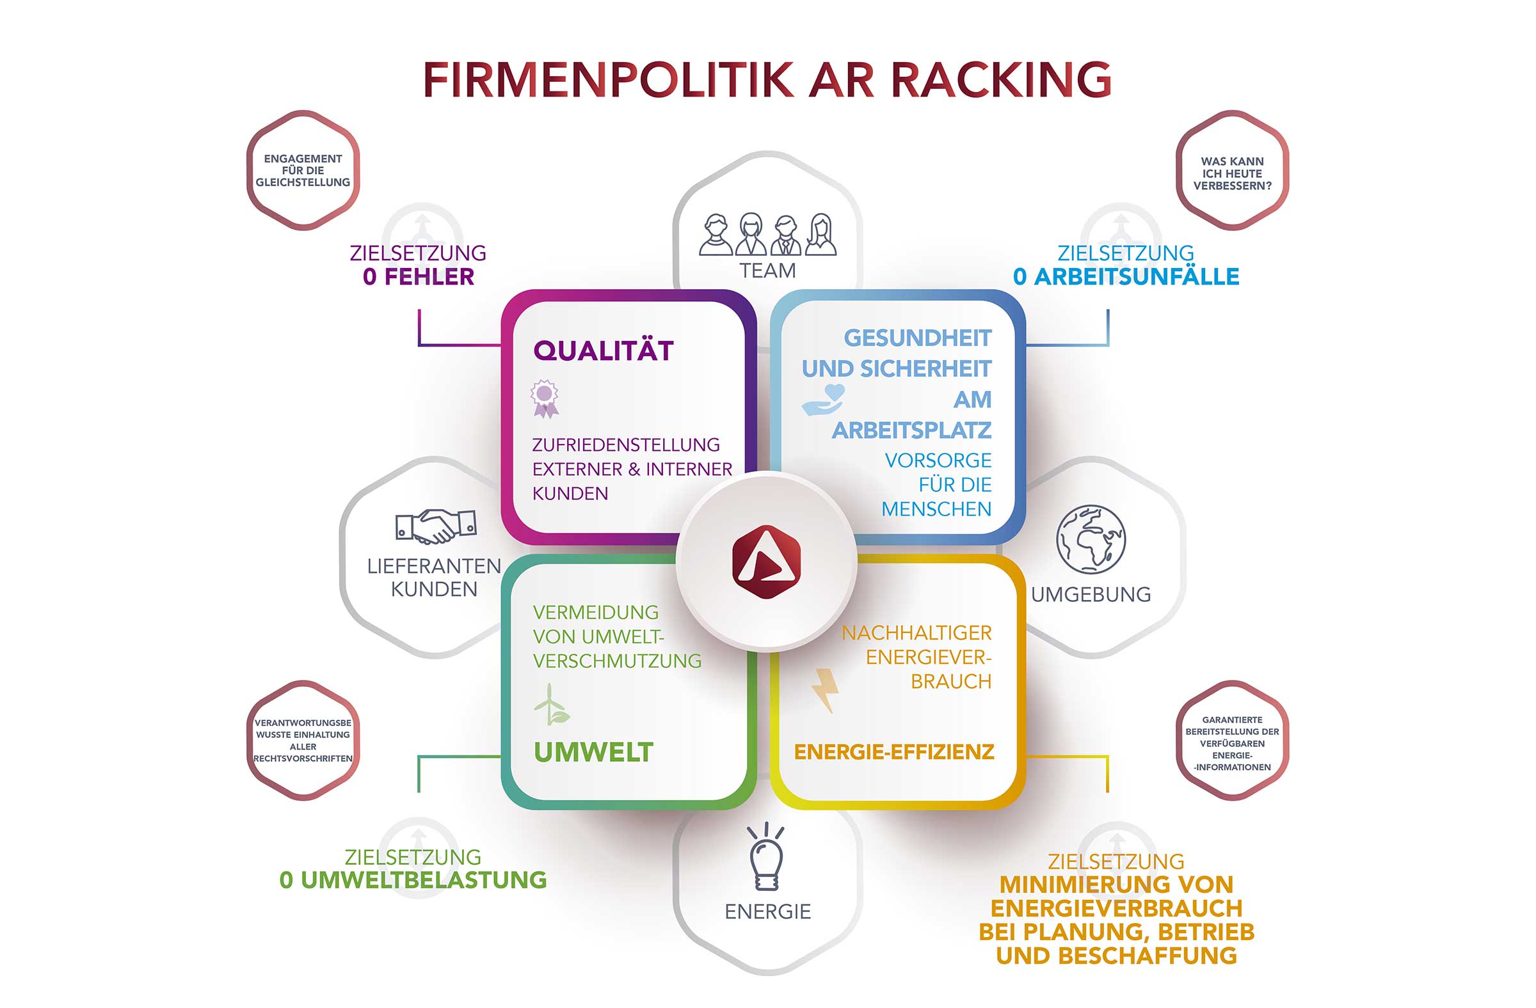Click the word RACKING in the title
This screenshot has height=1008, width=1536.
tap(1001, 80)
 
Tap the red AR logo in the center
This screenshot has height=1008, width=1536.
tap(766, 562)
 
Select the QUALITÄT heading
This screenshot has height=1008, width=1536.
tap(604, 351)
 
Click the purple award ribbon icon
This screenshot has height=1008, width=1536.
tap(545, 398)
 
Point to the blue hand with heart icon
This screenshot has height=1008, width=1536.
tap(823, 399)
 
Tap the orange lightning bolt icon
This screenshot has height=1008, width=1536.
tap(825, 690)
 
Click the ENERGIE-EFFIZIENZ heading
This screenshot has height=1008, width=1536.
tap(894, 752)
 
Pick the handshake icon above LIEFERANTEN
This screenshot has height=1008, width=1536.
tap(436, 526)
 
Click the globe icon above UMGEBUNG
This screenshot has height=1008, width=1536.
tap(1091, 539)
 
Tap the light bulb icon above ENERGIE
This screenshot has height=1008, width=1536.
tap(766, 858)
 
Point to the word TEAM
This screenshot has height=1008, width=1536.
tap(767, 271)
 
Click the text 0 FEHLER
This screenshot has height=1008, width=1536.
tap(418, 277)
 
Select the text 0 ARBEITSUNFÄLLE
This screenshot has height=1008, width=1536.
tap(1126, 277)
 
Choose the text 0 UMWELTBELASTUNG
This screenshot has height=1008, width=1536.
tap(413, 880)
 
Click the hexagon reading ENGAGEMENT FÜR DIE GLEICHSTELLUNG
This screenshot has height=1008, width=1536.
tap(303, 170)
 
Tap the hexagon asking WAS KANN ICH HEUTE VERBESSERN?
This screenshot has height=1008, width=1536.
tap(1232, 173)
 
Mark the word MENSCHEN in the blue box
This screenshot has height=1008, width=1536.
tap(936, 510)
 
